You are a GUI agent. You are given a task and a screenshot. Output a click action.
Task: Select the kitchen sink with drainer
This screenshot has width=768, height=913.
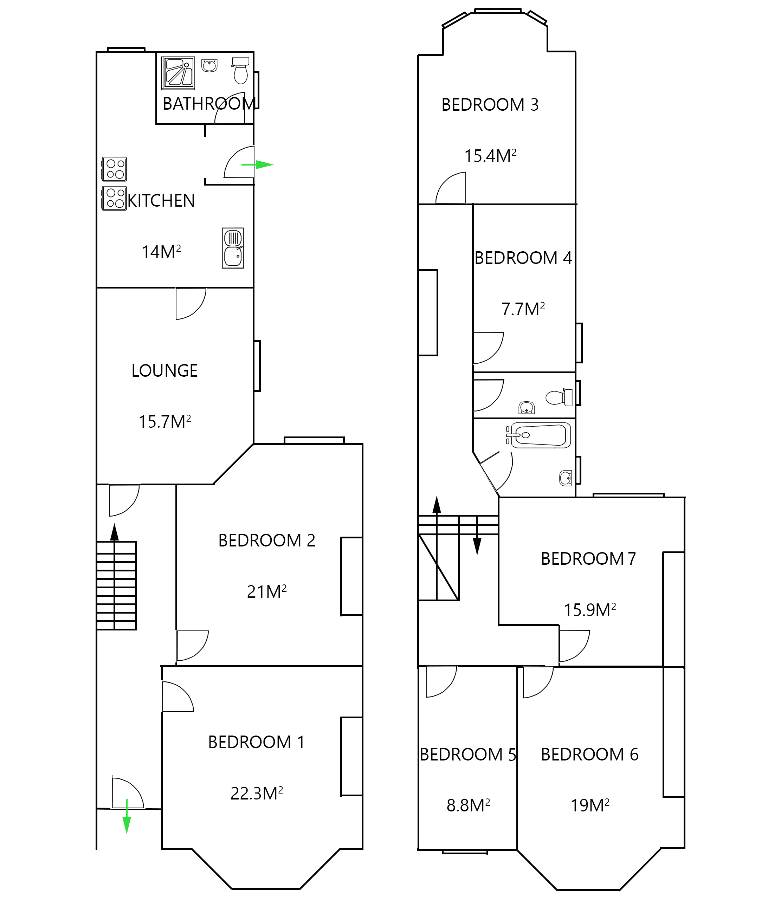pos(233,248)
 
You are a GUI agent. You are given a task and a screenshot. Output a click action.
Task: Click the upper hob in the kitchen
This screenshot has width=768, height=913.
pos(115,169)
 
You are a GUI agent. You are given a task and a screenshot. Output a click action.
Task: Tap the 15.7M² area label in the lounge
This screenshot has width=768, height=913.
pos(164,422)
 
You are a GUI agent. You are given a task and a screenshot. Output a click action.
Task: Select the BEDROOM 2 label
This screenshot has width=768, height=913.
pos(266,540)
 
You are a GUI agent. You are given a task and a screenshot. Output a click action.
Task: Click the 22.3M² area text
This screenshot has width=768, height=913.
pos(257,793)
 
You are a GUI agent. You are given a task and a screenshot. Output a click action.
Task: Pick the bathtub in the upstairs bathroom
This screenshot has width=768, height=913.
pos(540,435)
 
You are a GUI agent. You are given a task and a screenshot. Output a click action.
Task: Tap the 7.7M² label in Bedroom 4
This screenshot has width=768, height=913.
pos(523,309)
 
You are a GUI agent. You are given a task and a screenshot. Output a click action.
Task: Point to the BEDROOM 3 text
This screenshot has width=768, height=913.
pos(490,105)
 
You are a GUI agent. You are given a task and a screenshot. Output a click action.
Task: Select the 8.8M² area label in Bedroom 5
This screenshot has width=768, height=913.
pos(468,805)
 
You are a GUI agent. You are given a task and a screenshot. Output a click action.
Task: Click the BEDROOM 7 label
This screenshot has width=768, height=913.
pos(588,559)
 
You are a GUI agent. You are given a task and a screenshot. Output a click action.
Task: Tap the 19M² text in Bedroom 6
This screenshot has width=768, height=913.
pos(589,805)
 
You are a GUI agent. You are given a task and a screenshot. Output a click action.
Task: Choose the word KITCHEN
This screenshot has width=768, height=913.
pos(161,201)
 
